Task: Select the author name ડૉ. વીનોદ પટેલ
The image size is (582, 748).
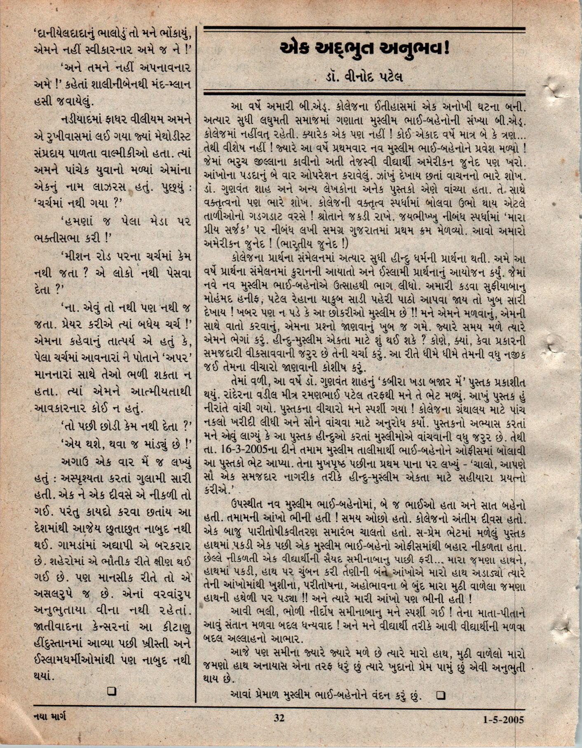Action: click(x=363, y=77)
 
